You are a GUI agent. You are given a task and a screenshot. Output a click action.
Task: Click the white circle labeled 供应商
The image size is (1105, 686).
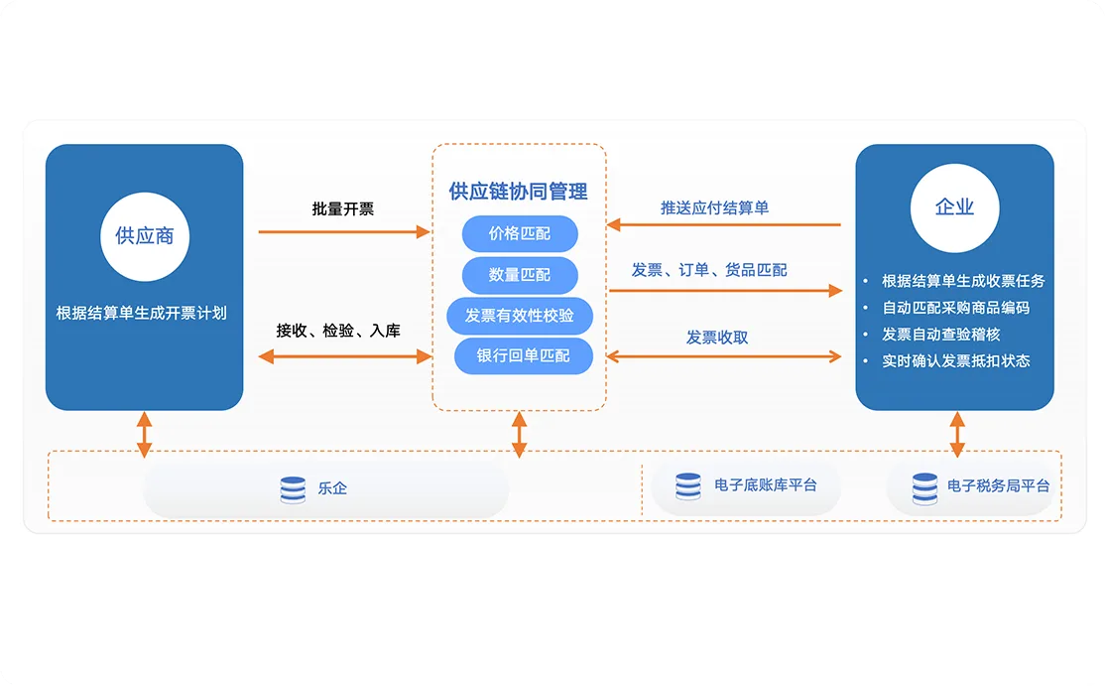pyautogui.click(x=145, y=237)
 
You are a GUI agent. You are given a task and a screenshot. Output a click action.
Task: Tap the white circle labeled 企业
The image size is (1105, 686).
pyautogui.click(x=954, y=208)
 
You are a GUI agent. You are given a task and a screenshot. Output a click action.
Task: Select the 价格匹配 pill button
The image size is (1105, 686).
pyautogui.click(x=520, y=234)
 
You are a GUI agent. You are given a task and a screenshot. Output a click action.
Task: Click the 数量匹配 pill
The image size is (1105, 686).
pyautogui.click(x=520, y=275)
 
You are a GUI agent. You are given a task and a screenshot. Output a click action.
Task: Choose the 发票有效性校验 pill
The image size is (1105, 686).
pyautogui.click(x=520, y=316)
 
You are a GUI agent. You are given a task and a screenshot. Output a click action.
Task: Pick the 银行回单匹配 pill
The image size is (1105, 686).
pyautogui.click(x=523, y=356)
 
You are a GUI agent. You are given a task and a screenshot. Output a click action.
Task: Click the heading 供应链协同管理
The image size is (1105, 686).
pyautogui.click(x=518, y=191)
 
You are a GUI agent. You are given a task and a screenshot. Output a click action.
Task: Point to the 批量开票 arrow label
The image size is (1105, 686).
pyautogui.click(x=343, y=208)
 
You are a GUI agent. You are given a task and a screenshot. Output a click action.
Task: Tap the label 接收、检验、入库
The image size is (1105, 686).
pyautogui.click(x=338, y=330)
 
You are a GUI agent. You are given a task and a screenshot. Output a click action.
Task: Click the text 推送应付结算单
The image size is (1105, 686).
pyautogui.click(x=714, y=208)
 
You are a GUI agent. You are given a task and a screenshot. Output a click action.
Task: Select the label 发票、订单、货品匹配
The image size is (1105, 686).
pyautogui.click(x=709, y=270)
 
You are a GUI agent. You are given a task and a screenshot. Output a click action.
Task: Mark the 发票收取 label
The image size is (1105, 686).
pyautogui.click(x=717, y=338)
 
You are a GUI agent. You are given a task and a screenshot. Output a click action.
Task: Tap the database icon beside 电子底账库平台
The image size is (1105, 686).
pyautogui.click(x=687, y=486)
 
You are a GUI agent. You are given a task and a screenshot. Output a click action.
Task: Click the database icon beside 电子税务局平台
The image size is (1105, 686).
pyautogui.click(x=924, y=488)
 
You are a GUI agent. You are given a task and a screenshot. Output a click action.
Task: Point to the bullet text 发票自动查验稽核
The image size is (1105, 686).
pyautogui.click(x=940, y=335)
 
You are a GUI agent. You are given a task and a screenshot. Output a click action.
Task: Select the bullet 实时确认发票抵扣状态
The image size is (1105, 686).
pyautogui.click(x=955, y=361)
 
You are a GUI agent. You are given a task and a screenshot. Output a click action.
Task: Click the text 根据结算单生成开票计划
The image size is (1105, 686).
pyautogui.click(x=142, y=313)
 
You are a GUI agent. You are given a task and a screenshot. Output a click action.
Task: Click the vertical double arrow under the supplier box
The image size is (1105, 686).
pyautogui.click(x=145, y=434)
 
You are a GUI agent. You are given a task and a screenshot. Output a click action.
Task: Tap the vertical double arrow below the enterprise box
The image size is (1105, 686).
pyautogui.click(x=957, y=434)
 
